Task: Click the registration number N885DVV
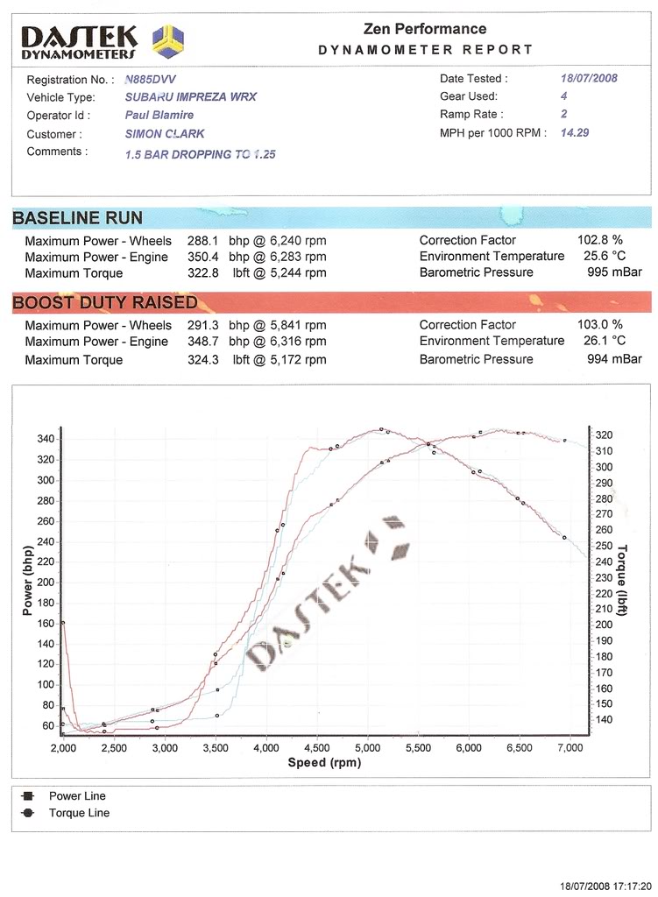click(x=151, y=79)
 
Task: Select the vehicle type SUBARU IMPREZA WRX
click(x=191, y=97)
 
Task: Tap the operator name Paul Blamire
click(x=159, y=115)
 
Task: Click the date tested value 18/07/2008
click(x=589, y=78)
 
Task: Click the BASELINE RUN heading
click(x=78, y=217)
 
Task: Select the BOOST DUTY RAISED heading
click(x=105, y=303)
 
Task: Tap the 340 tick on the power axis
click(x=44, y=439)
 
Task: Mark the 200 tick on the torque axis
click(x=604, y=625)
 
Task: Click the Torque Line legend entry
click(x=79, y=812)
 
